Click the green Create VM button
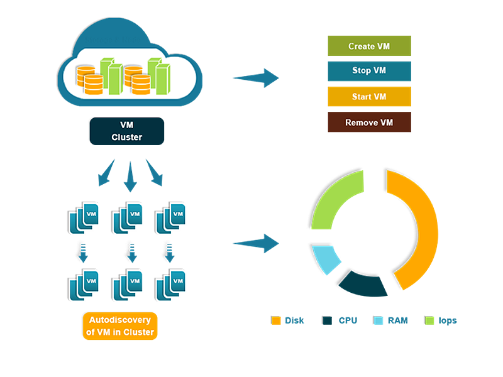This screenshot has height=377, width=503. click(369, 46)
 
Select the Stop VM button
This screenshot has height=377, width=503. click(369, 70)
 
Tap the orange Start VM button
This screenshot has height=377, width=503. click(369, 97)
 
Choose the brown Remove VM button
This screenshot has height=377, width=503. click(369, 123)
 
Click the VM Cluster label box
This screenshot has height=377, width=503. click(126, 131)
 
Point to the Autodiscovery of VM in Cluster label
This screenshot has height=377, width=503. click(119, 326)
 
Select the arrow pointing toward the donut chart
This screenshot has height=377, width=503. click(254, 245)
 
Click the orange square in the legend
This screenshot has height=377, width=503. click(275, 325)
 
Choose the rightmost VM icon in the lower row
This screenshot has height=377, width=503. click(171, 284)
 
